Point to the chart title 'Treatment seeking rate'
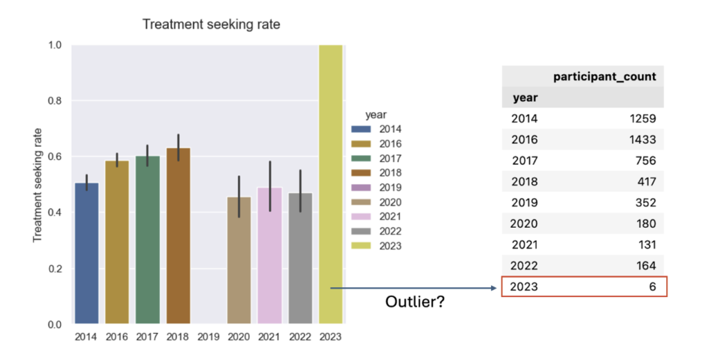click(211, 25)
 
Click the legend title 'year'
click(376, 114)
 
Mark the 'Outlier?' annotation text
click(414, 302)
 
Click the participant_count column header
click(604, 77)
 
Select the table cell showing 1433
click(641, 140)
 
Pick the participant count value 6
click(652, 287)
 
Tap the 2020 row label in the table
click(525, 224)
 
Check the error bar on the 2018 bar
click(178, 146)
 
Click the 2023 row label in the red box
click(525, 287)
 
